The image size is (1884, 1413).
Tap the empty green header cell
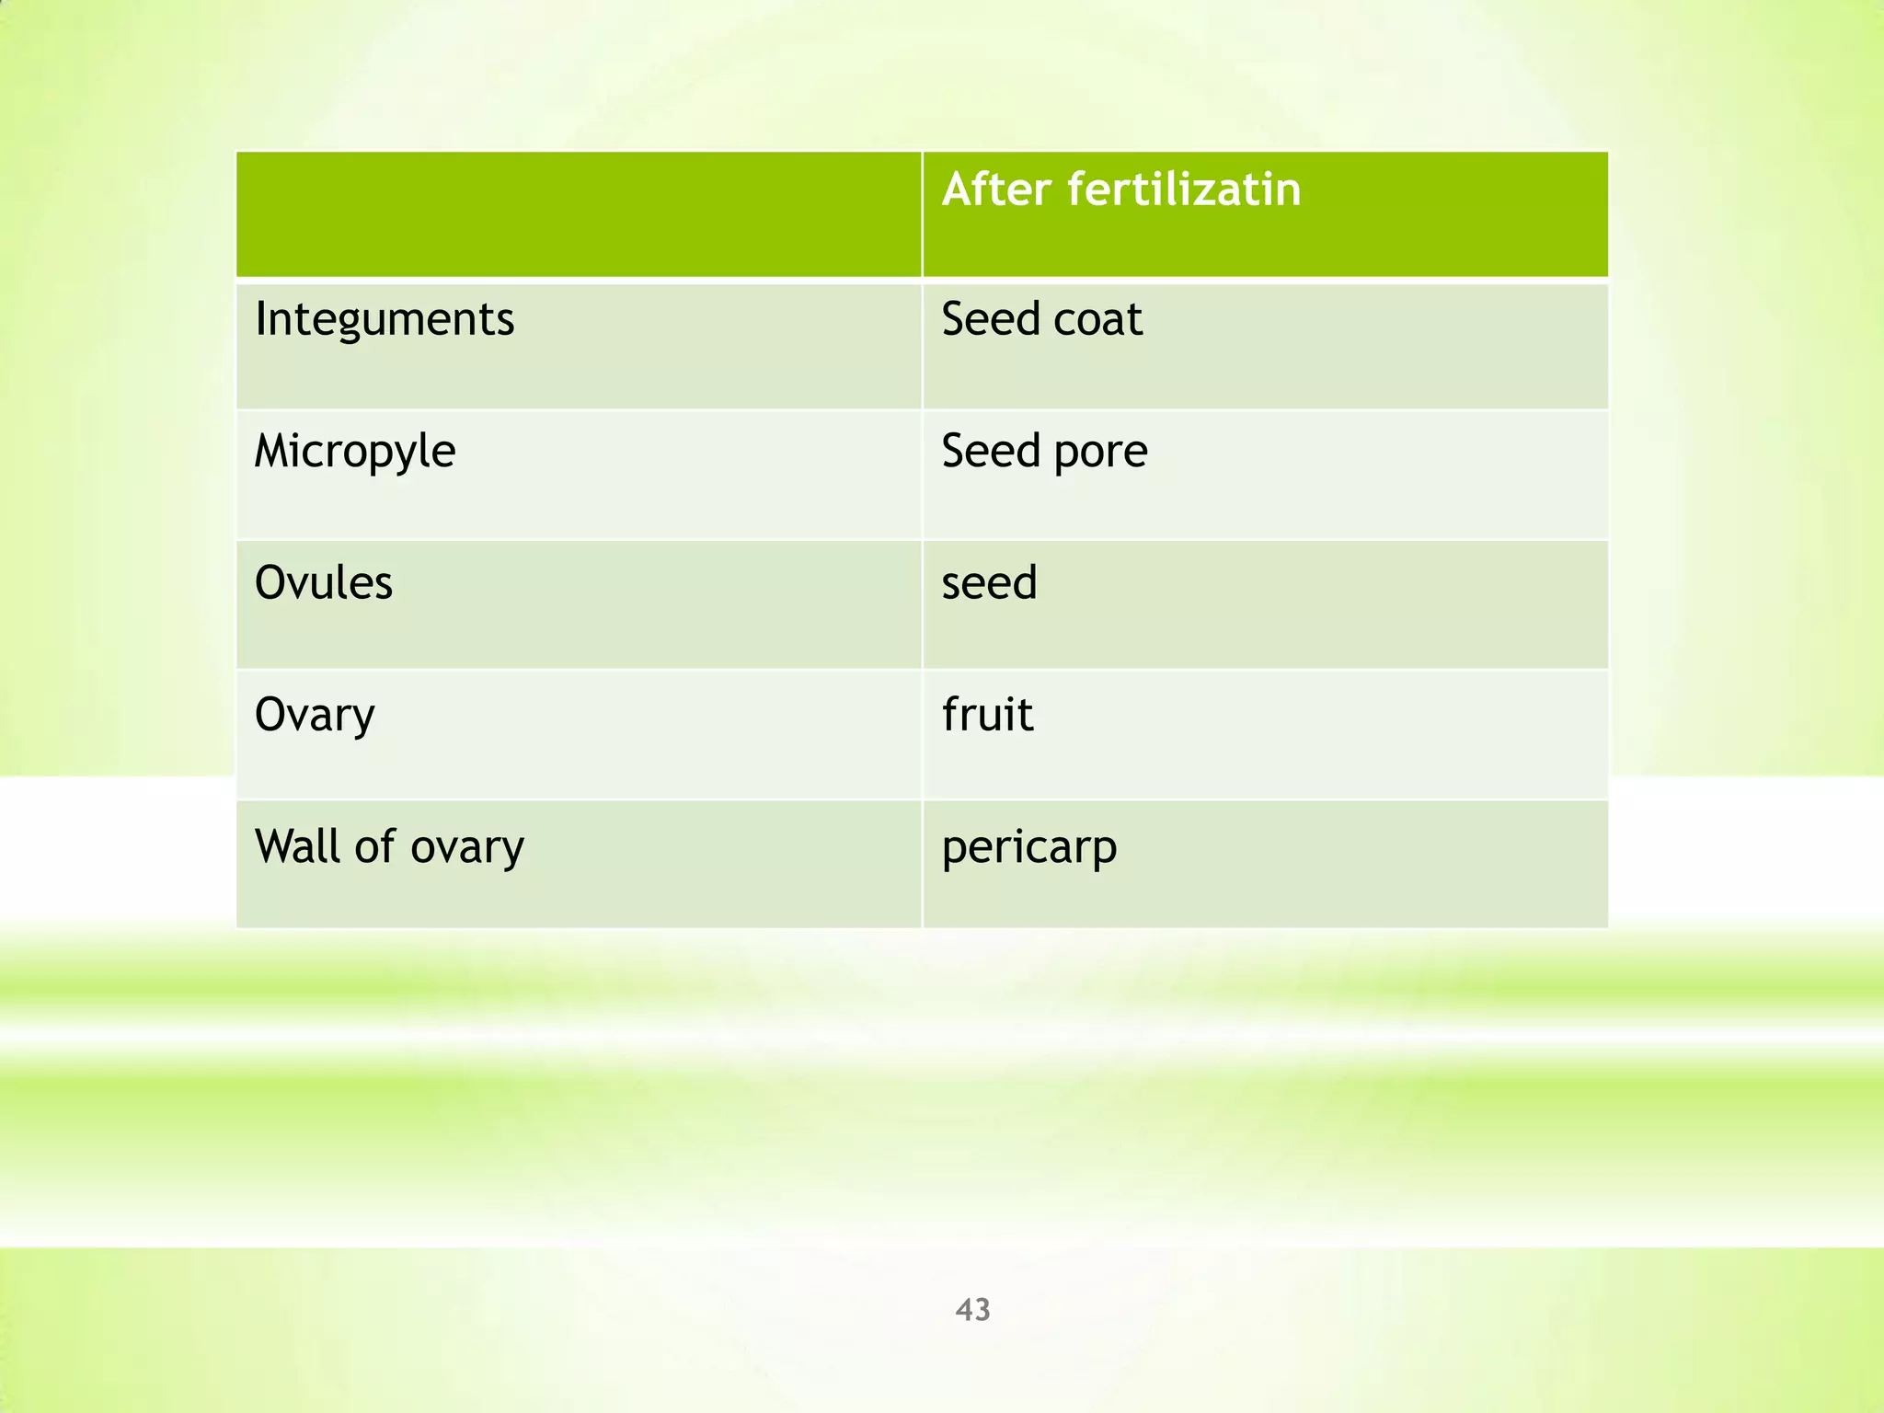(x=578, y=213)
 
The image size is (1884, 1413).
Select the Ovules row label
(x=324, y=582)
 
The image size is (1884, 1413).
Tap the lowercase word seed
(x=989, y=582)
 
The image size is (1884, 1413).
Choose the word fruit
(x=987, y=714)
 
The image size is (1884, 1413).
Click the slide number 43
(x=972, y=1309)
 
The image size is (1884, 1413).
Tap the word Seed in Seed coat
(x=990, y=319)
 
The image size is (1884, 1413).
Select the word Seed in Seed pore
(x=990, y=451)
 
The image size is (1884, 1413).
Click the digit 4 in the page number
(x=964, y=1309)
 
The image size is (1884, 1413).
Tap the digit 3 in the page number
(x=982, y=1309)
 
